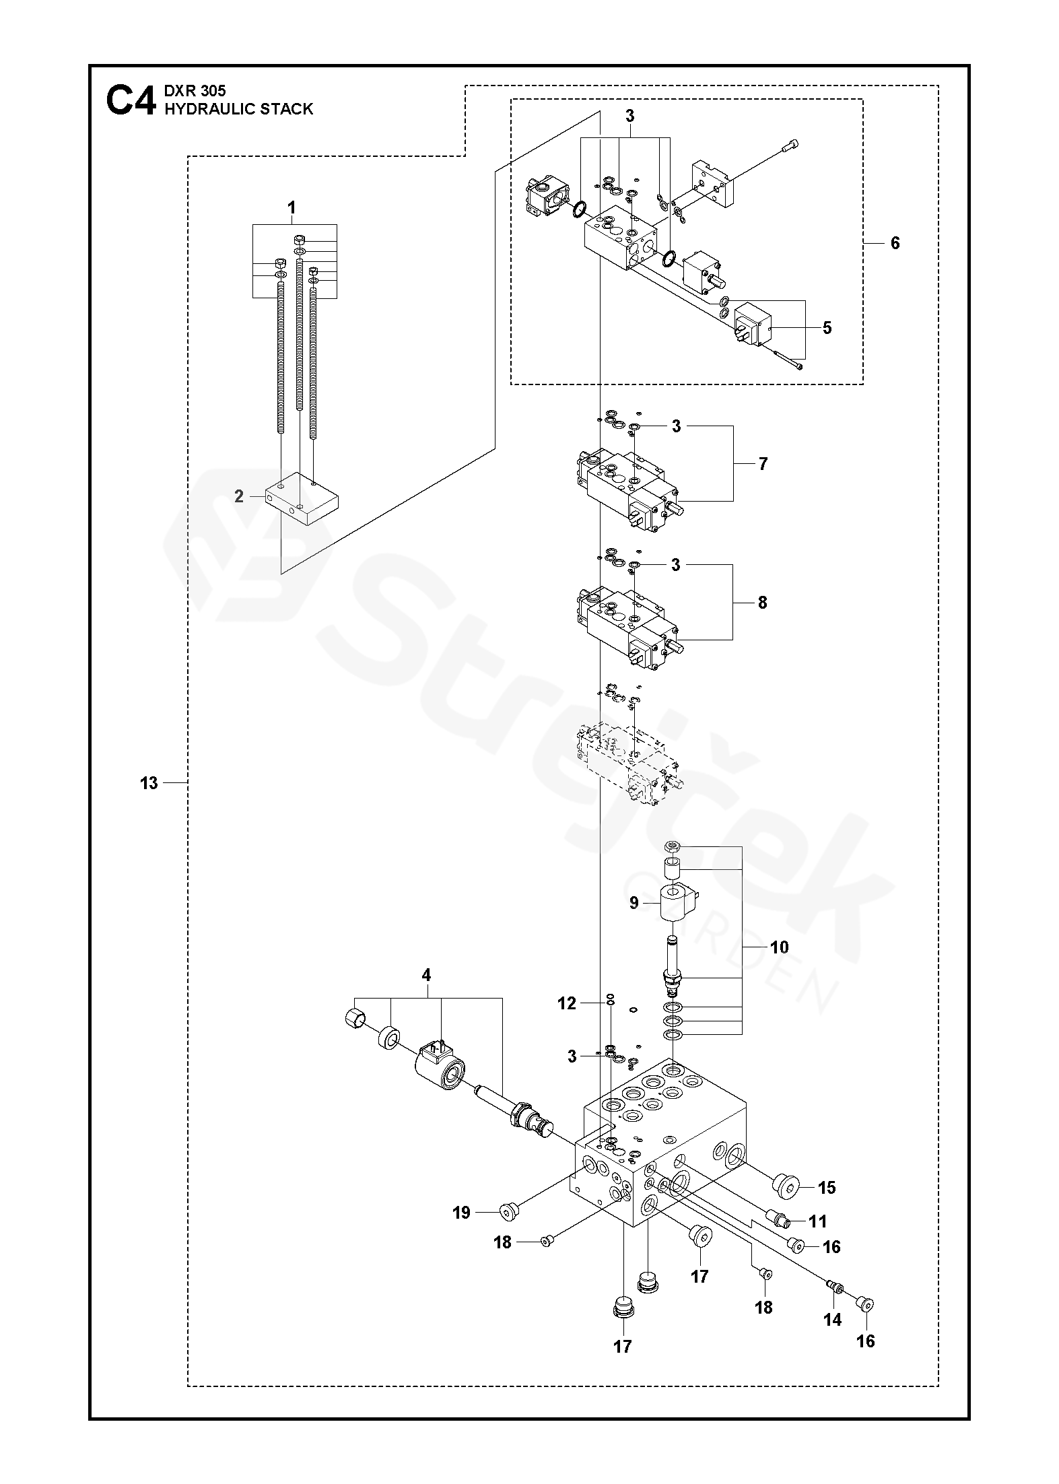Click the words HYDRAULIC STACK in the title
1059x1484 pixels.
239,109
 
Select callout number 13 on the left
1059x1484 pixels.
149,783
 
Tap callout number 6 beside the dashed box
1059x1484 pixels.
895,242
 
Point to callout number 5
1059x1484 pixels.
827,328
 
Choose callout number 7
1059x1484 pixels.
763,464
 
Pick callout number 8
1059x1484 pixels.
762,603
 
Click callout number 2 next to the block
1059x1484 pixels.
239,497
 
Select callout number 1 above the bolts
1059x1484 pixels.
292,208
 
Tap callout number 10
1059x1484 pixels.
779,947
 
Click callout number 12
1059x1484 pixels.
567,1022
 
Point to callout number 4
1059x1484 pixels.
426,974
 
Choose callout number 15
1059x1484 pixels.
827,1188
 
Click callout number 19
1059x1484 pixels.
461,1213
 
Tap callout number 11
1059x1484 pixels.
818,1221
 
